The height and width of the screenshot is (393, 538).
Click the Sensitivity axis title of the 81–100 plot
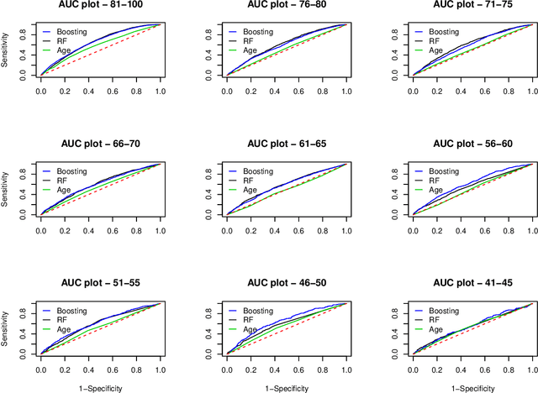click(x=7, y=51)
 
